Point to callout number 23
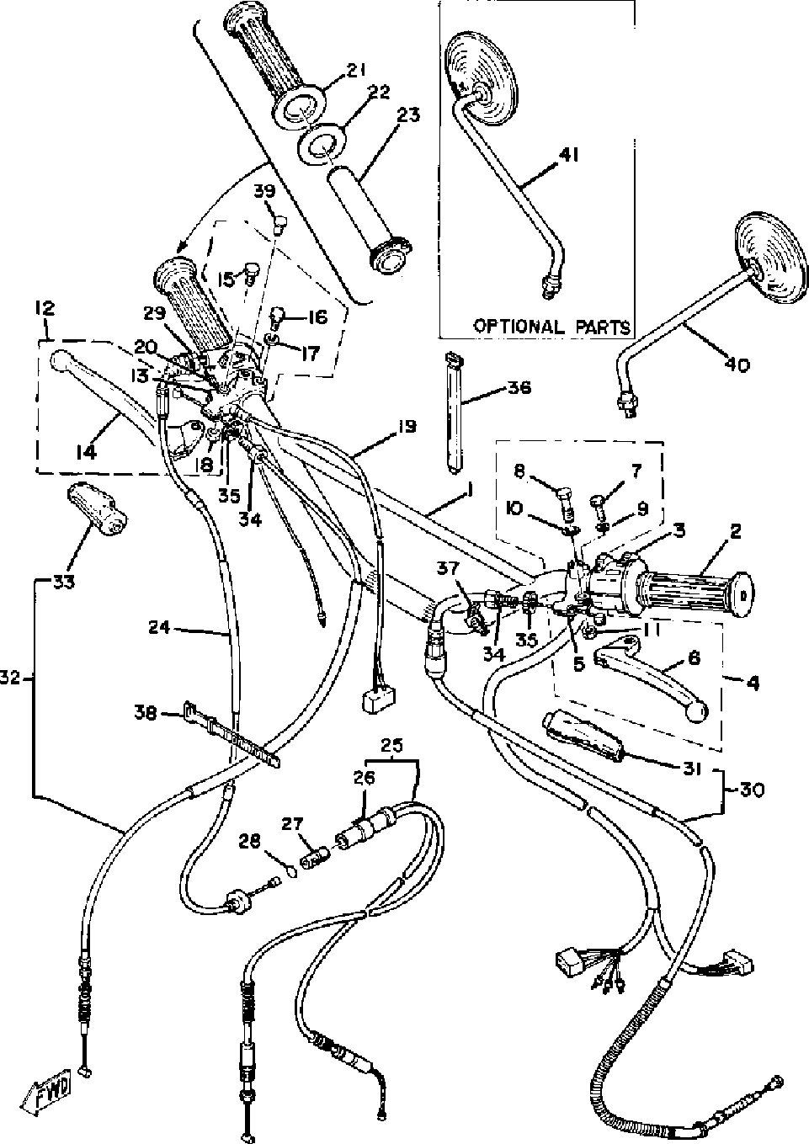tap(408, 115)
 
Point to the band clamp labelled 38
tap(229, 736)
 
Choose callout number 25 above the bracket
tap(391, 745)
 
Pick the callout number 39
tap(265, 193)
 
